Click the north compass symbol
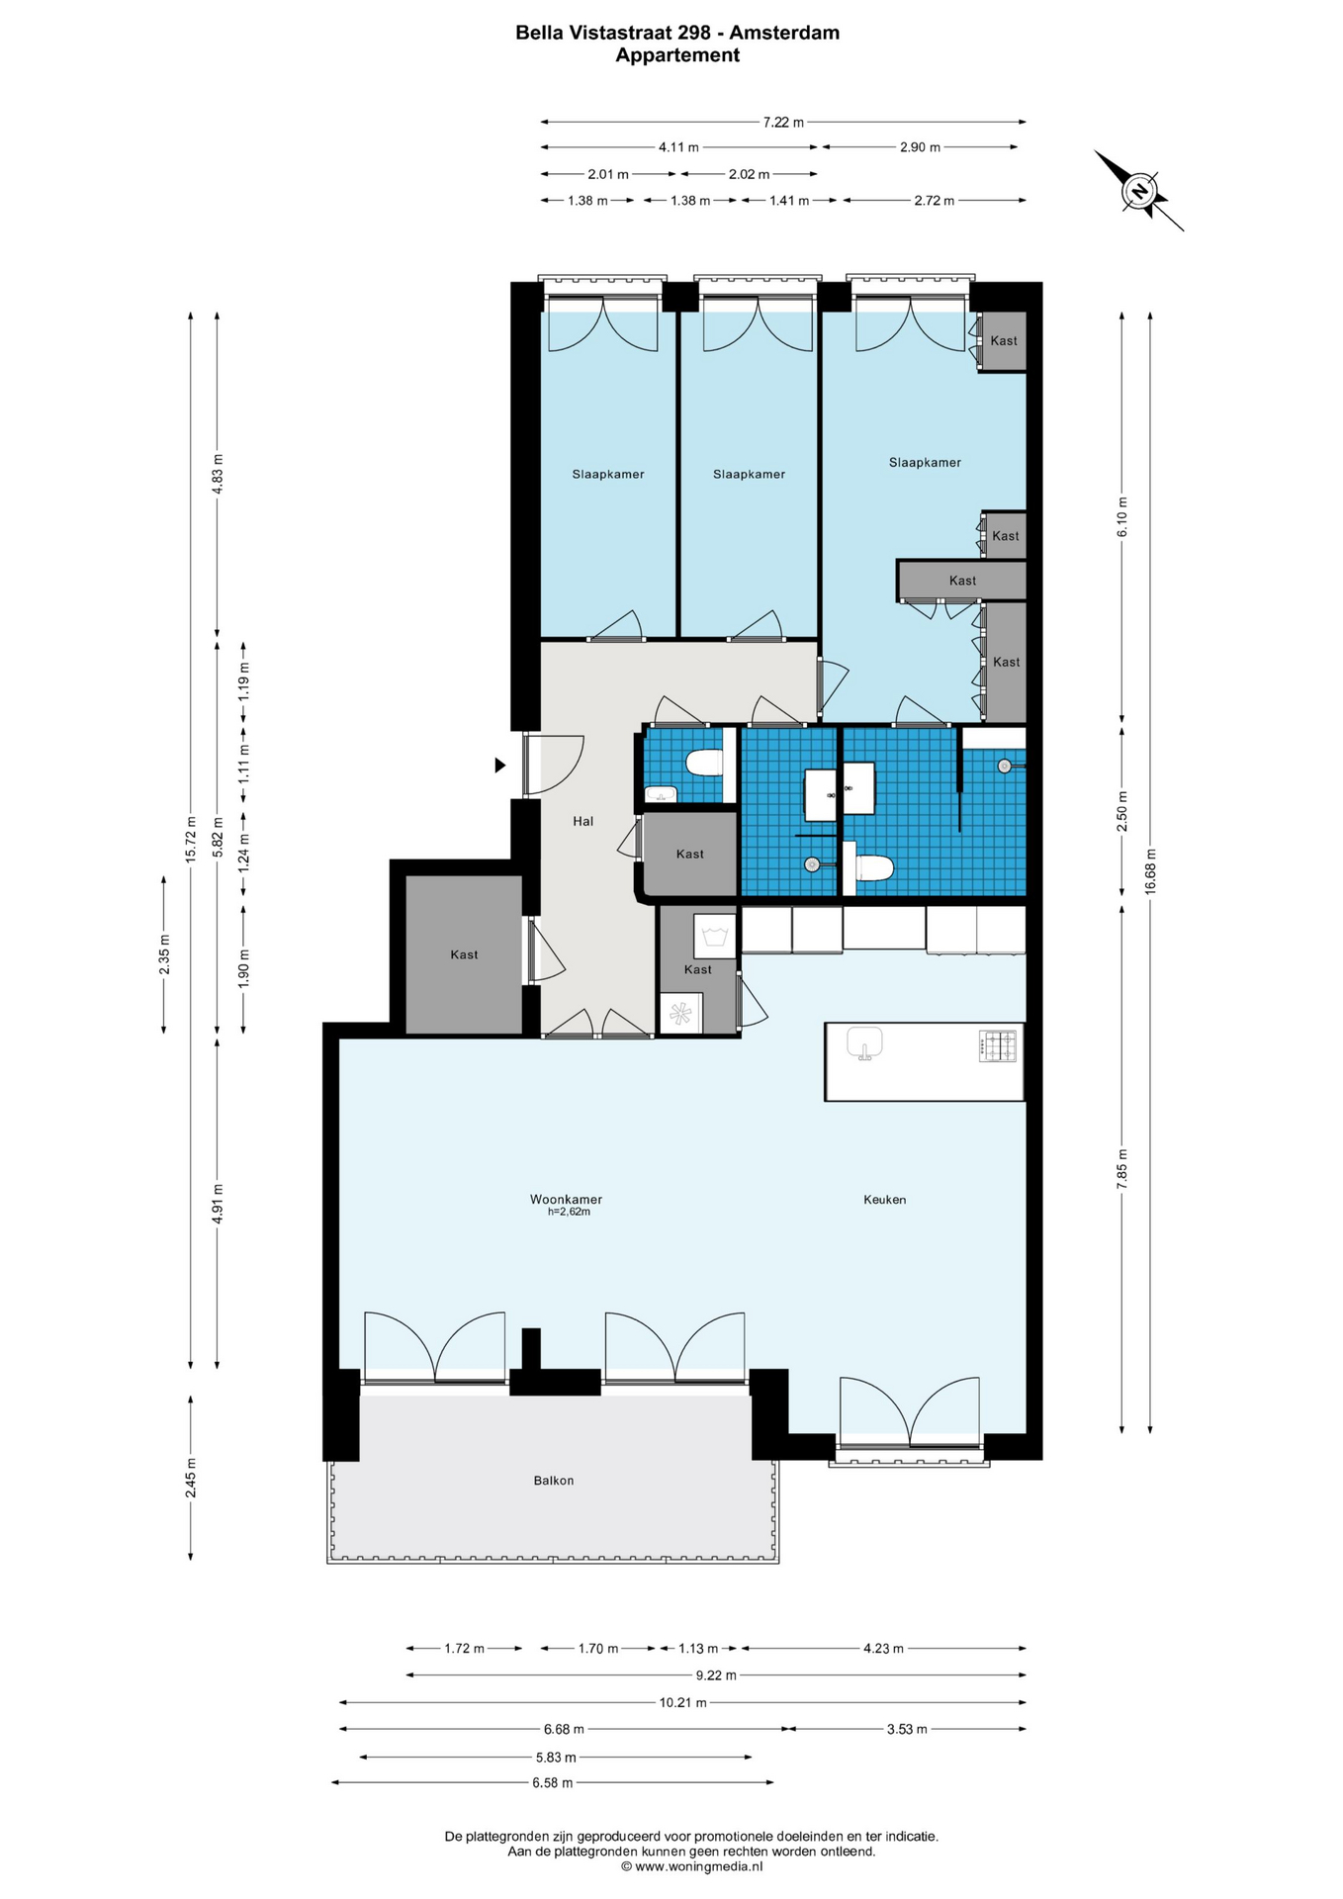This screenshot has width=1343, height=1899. tap(1139, 191)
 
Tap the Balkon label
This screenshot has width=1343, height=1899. tap(554, 1481)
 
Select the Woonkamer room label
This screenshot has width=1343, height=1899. tap(566, 1200)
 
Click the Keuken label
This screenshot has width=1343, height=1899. tap(885, 1200)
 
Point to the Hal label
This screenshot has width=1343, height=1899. tap(583, 821)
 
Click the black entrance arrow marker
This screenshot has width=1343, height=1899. tap(500, 766)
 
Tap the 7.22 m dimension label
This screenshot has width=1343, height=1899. tap(783, 123)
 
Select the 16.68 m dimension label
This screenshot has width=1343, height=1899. tap(1150, 872)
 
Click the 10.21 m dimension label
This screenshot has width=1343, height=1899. tap(683, 1703)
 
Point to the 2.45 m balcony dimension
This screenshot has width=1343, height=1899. tap(191, 1478)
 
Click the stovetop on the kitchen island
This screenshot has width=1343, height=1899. tap(997, 1046)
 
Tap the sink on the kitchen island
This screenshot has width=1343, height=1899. tap(864, 1043)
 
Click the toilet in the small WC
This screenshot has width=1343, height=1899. tap(703, 764)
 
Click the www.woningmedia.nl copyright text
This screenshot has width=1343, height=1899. tap(691, 1866)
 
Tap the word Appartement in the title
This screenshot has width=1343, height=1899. tap(677, 55)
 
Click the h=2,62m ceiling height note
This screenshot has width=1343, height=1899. tap(569, 1212)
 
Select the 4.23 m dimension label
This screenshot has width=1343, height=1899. tap(883, 1649)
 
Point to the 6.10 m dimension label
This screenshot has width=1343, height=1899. tap(1122, 517)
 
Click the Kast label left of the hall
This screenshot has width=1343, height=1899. tap(464, 954)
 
